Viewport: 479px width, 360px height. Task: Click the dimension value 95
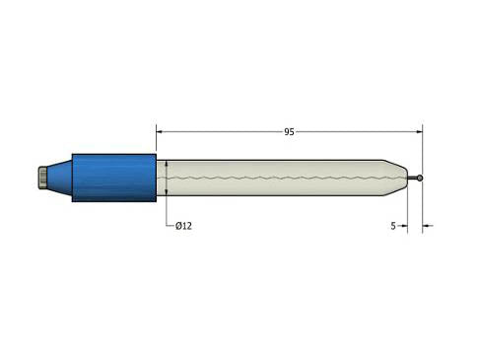coord(290,130)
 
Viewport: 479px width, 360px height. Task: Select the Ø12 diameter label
coord(183,226)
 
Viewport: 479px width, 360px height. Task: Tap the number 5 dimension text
coord(393,226)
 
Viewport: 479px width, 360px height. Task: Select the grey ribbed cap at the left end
coord(41,178)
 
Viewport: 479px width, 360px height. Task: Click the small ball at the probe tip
coord(422,178)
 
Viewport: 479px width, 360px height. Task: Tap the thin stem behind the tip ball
coord(416,178)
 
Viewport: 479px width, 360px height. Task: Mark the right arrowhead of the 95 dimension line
coord(418,130)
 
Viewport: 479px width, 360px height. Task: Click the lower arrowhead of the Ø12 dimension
coord(167,191)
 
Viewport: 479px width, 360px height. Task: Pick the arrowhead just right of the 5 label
coord(403,226)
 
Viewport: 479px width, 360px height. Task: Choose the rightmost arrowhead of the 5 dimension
coord(427,226)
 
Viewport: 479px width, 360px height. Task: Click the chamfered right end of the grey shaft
coord(400,178)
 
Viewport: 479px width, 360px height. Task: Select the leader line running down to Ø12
coord(167,212)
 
